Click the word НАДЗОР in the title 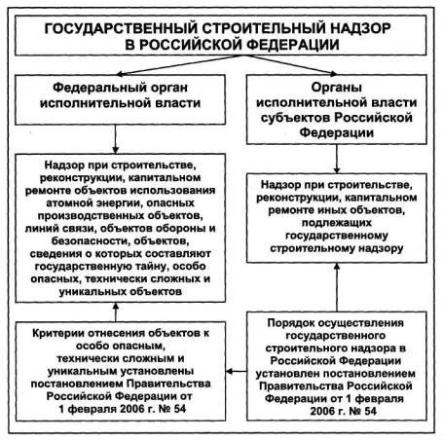pyautogui.click(x=360, y=28)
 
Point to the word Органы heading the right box pyautogui.click(x=337, y=87)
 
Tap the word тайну pyautogui.click(x=149, y=266)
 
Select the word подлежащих pyautogui.click(x=337, y=223)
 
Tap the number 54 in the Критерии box pyautogui.click(x=179, y=409)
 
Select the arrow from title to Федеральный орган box pyautogui.click(x=179, y=65)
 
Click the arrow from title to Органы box pyautogui.click(x=290, y=65)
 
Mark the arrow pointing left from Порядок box pyautogui.click(x=237, y=371)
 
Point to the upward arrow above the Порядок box pyautogui.click(x=337, y=287)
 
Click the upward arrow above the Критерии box pyautogui.click(x=116, y=312)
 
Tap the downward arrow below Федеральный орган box pyautogui.click(x=115, y=139)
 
